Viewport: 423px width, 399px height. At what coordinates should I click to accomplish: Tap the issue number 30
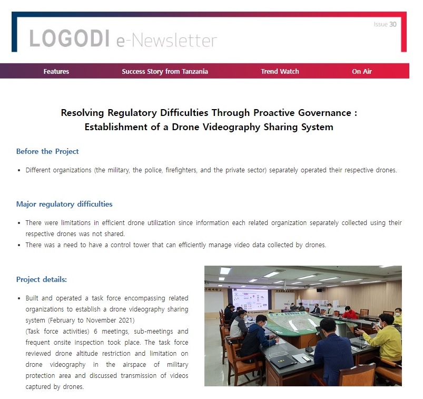[393, 24]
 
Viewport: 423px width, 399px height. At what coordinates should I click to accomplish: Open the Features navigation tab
[56, 71]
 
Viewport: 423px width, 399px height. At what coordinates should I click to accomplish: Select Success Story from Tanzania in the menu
[165, 71]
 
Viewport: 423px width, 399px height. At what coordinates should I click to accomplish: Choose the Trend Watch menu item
[280, 71]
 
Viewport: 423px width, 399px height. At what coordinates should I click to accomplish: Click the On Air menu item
[362, 71]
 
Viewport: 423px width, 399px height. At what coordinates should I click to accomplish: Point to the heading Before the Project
[47, 151]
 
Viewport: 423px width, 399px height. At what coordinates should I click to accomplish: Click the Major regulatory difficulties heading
[64, 204]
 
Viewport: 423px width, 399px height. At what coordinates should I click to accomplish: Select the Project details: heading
[42, 279]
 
